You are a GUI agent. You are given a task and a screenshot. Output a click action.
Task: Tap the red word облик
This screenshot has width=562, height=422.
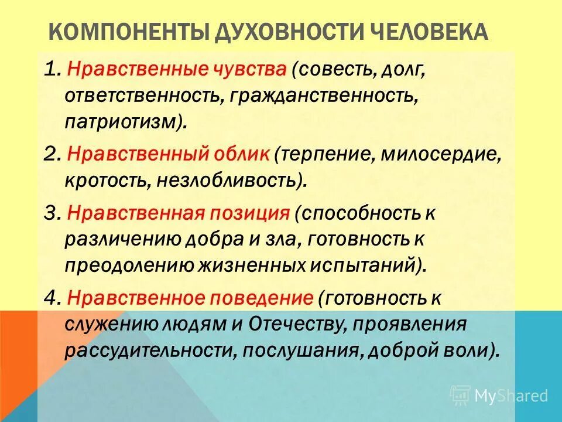pyautogui.click(x=239, y=155)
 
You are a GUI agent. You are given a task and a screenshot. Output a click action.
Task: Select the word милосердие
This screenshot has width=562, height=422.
pyautogui.click(x=441, y=155)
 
